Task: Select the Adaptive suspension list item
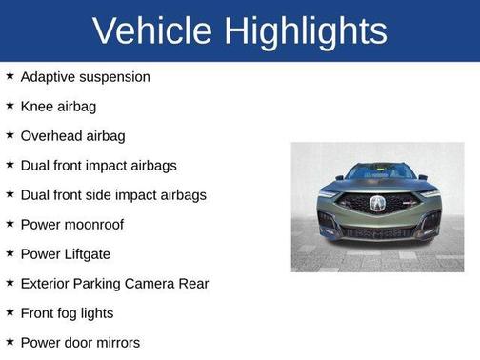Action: click(x=85, y=76)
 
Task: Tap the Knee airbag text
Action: click(x=58, y=106)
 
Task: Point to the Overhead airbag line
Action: click(x=72, y=135)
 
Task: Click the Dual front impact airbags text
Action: click(x=98, y=165)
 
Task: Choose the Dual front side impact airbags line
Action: click(x=112, y=194)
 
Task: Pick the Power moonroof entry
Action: click(x=71, y=224)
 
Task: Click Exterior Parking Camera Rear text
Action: click(x=113, y=283)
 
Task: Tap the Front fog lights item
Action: click(x=67, y=312)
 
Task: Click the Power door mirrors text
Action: click(x=80, y=342)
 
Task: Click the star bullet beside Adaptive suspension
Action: click(x=10, y=75)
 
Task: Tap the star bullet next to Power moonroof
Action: click(x=10, y=223)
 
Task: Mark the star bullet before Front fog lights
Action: click(x=10, y=311)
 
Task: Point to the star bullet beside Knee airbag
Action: click(x=10, y=105)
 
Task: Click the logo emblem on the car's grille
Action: click(x=377, y=204)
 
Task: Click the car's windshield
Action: click(x=377, y=173)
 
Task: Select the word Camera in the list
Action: click(x=151, y=283)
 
